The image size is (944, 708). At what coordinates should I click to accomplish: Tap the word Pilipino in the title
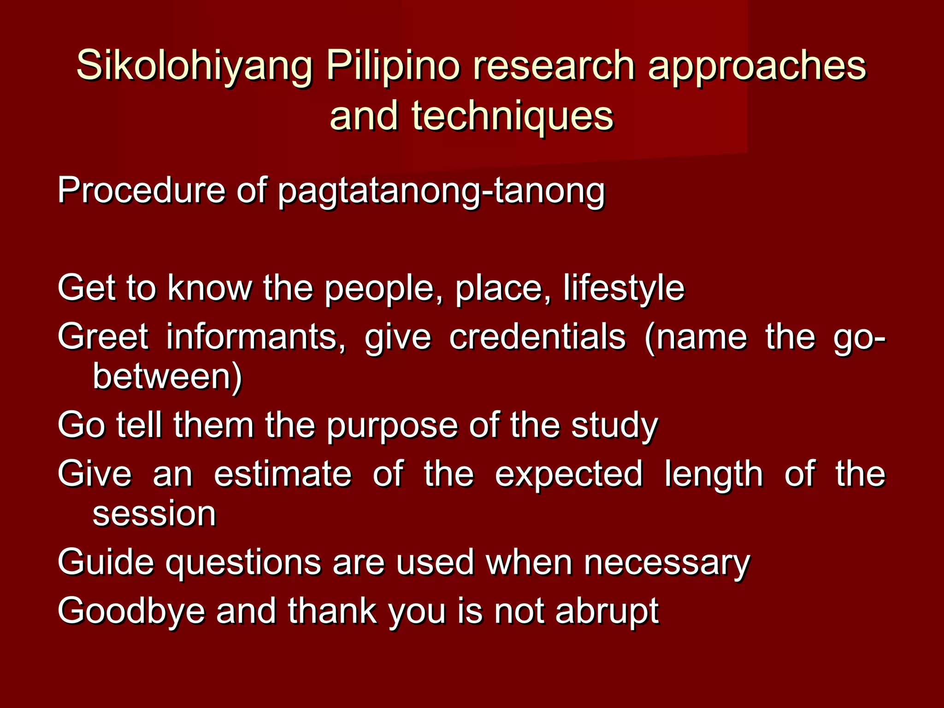coord(393,65)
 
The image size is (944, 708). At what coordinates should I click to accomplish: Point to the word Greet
coord(103,336)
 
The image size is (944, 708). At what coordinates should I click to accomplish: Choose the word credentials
coord(537,336)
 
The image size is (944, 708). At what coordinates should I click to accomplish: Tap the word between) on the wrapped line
coord(167,377)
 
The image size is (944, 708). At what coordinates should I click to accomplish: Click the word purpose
coord(392,426)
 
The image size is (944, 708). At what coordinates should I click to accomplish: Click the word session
coord(154,513)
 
